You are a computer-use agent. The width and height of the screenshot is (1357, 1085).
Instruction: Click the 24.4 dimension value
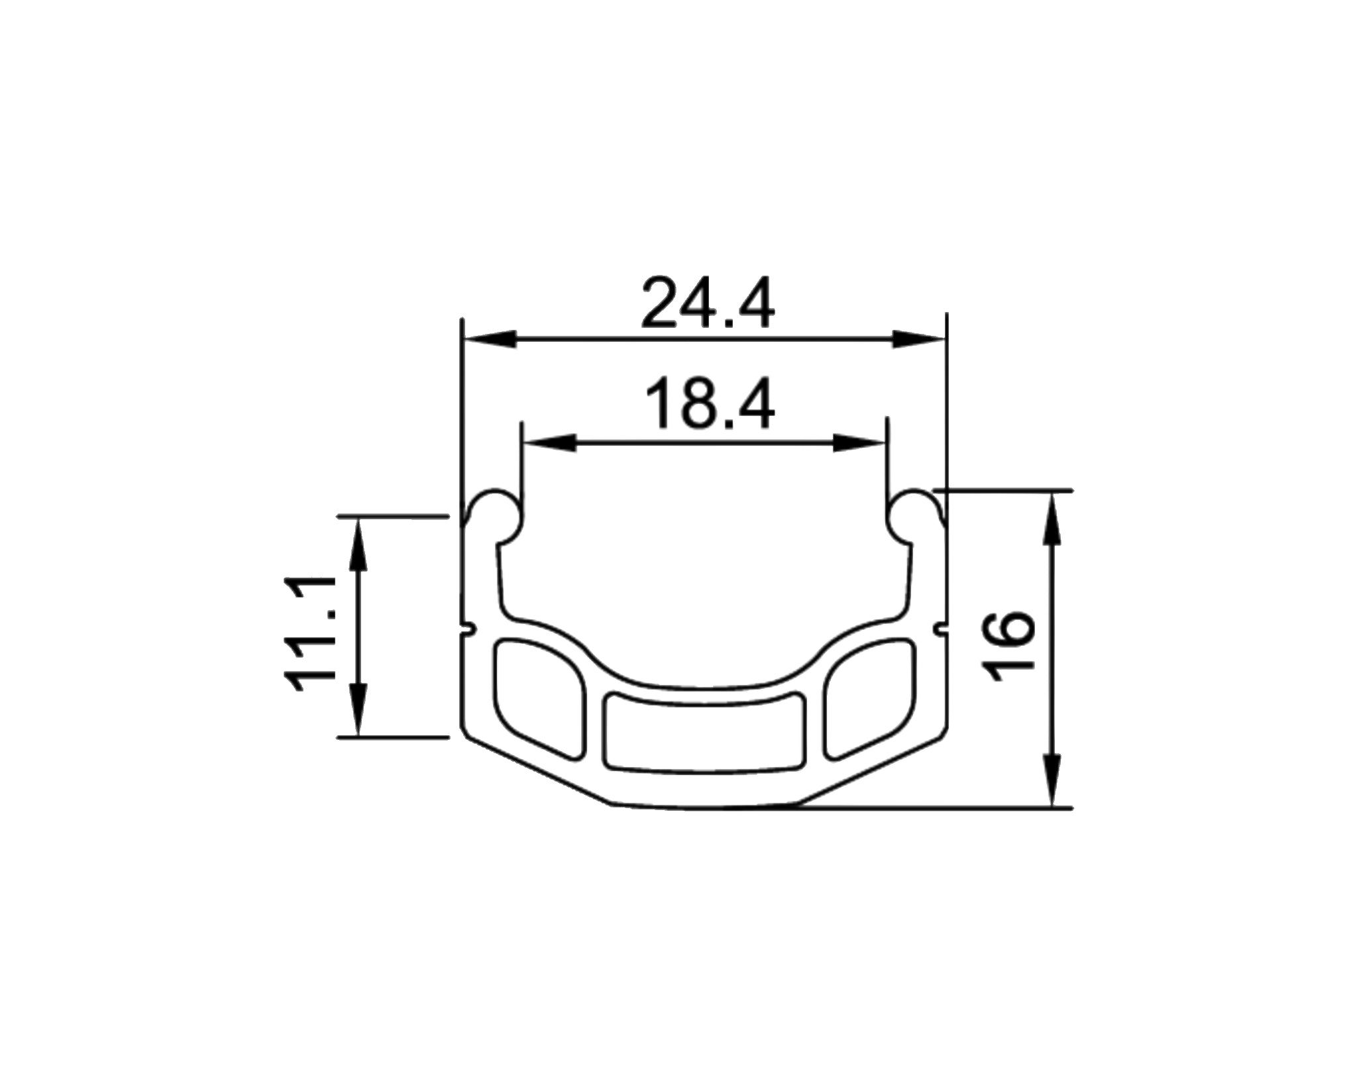point(708,304)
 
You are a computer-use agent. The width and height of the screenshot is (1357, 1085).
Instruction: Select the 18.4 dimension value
point(709,403)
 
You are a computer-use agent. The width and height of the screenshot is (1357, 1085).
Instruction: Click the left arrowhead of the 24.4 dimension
point(490,339)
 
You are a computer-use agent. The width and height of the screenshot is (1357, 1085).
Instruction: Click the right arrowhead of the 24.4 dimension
point(918,339)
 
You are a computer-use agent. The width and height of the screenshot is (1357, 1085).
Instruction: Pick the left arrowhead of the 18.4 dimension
point(549,444)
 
